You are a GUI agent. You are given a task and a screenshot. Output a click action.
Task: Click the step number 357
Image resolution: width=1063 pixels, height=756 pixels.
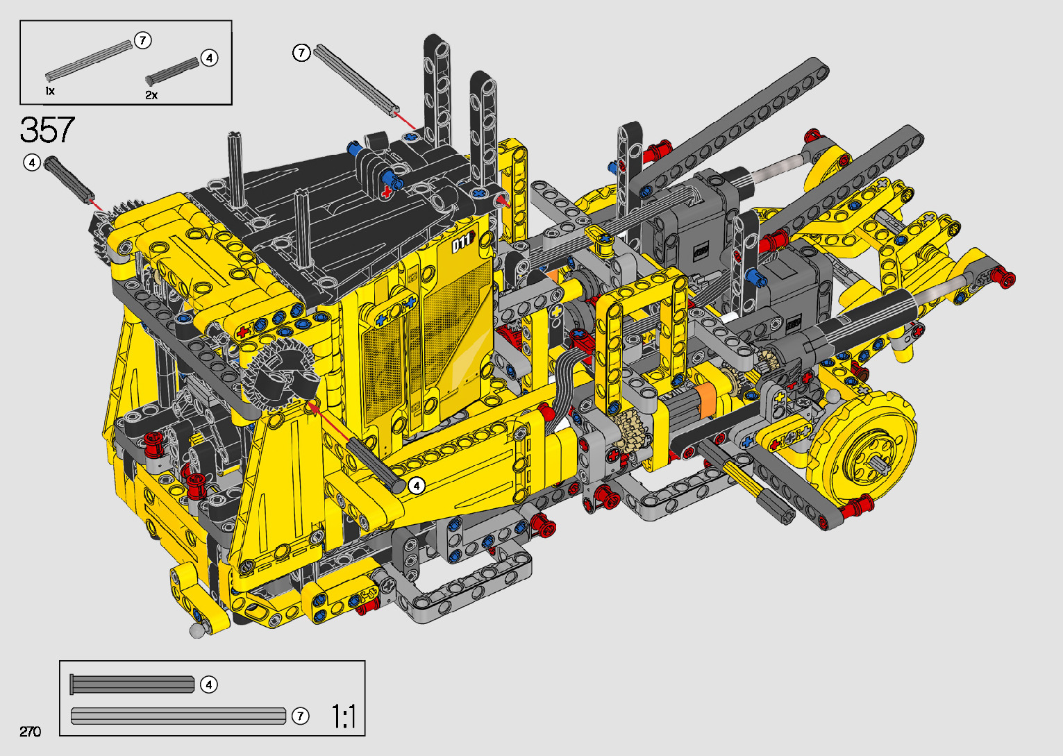pos(47,129)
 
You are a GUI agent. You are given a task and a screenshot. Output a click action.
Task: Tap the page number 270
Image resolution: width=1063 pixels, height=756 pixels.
pos(31,731)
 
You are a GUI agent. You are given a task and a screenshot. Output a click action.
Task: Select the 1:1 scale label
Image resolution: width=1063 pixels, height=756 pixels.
pos(343,716)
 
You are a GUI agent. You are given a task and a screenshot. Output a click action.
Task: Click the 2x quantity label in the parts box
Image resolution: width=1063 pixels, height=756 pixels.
pos(151,95)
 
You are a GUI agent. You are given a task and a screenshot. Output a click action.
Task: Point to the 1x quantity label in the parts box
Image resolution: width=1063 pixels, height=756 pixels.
pos(50,91)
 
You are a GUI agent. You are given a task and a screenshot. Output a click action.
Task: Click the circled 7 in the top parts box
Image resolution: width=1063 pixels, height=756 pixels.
pos(143,40)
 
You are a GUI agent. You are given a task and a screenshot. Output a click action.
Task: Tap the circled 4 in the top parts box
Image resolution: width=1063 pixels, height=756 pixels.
pos(209,58)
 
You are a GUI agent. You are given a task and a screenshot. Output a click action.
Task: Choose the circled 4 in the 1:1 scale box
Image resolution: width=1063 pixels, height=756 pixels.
pos(209,684)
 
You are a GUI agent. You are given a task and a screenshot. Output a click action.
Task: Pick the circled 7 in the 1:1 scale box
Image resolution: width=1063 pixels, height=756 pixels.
pos(300,716)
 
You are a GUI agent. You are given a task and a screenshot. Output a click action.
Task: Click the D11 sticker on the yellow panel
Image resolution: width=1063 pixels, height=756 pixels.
pos(462,242)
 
